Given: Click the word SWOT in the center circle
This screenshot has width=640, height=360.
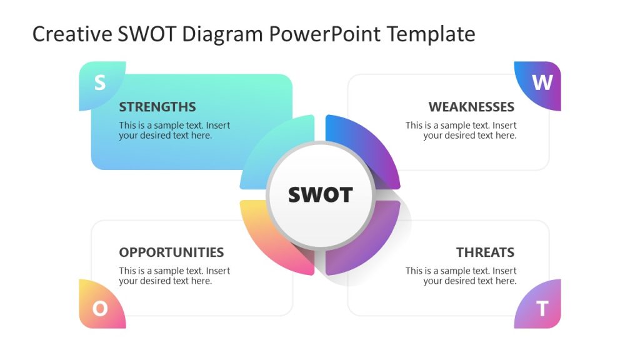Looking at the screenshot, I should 320,195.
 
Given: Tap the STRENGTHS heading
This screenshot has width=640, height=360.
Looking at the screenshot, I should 157,107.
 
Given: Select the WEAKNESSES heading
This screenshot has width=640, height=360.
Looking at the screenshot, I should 471,107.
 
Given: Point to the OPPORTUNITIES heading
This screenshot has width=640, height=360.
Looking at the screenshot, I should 171,252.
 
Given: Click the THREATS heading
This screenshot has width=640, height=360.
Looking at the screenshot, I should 485,252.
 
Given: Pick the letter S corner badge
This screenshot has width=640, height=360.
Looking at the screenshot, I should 100,84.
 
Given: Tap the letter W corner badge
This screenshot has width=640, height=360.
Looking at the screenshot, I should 541,83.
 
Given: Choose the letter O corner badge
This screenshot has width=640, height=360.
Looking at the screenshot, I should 100,307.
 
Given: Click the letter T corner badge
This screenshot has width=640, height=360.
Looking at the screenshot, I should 542,308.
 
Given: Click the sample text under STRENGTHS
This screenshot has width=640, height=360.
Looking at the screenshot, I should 174,130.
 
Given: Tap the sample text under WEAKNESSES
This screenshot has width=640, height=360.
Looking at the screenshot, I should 461,130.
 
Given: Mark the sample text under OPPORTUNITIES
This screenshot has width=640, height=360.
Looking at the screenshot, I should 174,276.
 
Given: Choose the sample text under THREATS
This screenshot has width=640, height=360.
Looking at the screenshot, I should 461,276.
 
